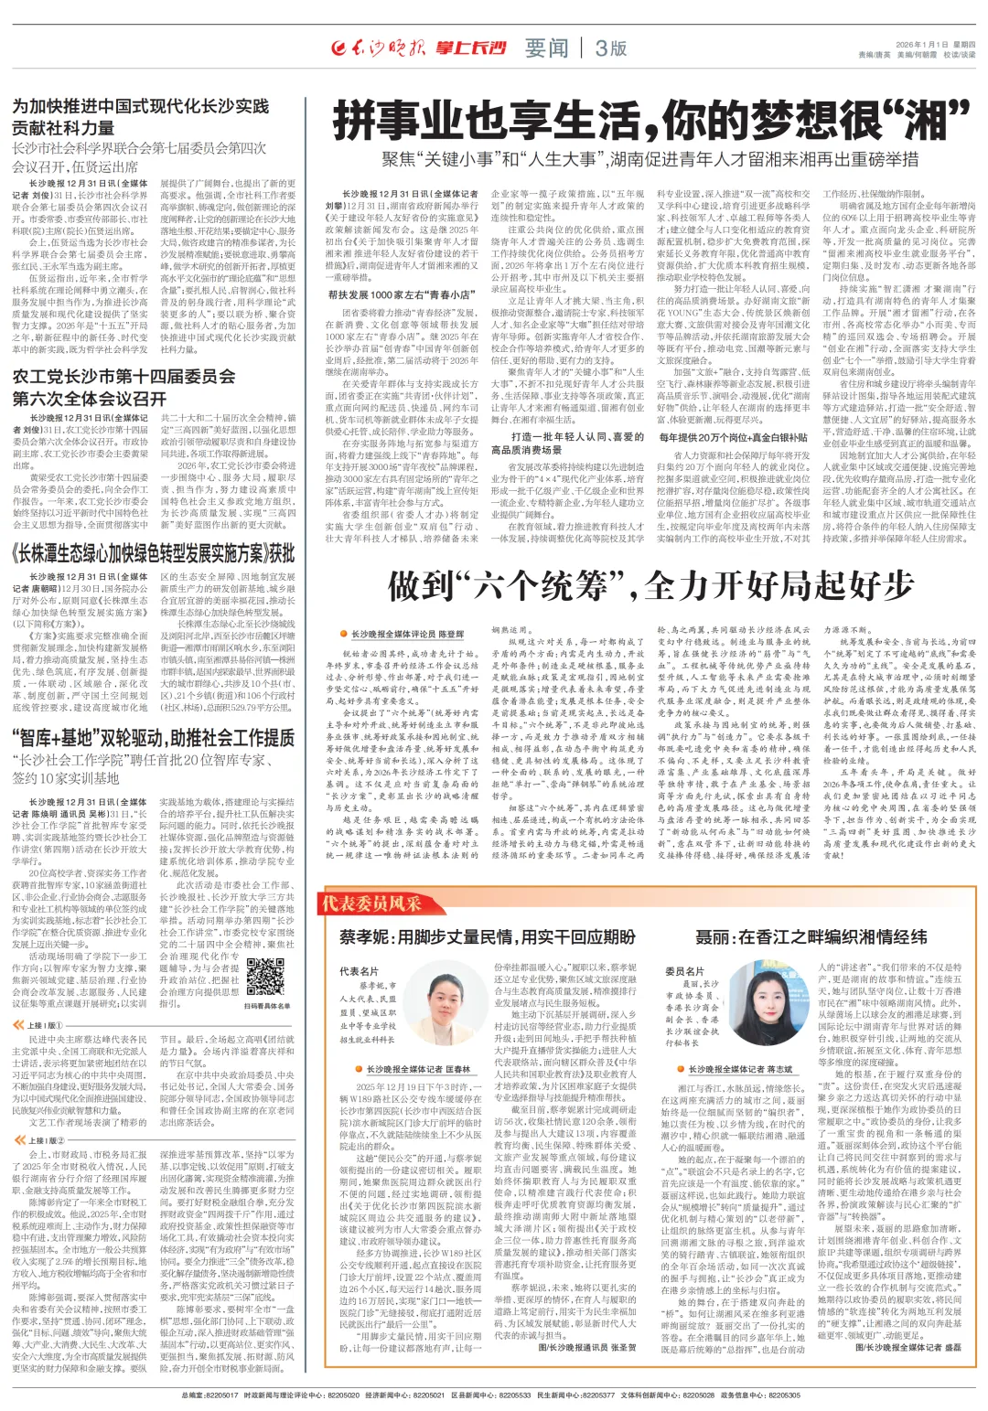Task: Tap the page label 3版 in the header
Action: point(610,48)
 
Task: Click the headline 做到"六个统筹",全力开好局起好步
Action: point(650,584)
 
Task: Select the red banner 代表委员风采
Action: point(370,903)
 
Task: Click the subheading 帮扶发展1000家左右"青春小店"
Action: point(402,295)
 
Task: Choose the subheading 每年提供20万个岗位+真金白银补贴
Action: point(734,438)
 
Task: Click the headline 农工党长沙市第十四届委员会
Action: point(123,378)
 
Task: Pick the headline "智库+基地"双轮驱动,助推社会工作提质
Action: point(153,739)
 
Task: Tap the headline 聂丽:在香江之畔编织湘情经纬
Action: point(811,937)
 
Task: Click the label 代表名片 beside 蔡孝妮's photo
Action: point(359,971)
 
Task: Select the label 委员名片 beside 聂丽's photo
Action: point(684,971)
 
